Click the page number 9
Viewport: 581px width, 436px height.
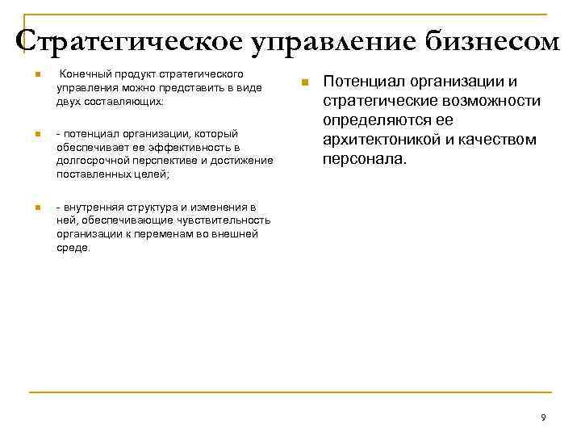tap(543, 417)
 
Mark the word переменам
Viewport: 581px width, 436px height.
tap(180, 233)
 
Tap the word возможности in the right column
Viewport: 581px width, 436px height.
tap(494, 101)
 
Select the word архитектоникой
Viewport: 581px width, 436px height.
tap(378, 140)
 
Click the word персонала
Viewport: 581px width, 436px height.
tap(364, 159)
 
